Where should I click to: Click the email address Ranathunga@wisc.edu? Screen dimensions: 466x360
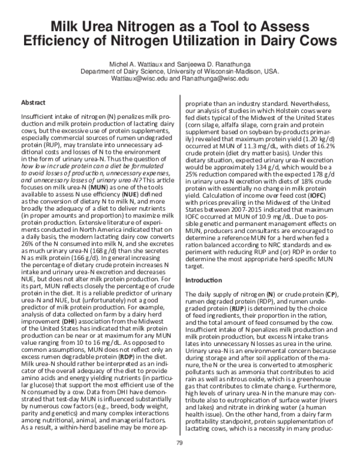pos(217,78)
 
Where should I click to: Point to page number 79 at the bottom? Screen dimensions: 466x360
pos(179,443)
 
